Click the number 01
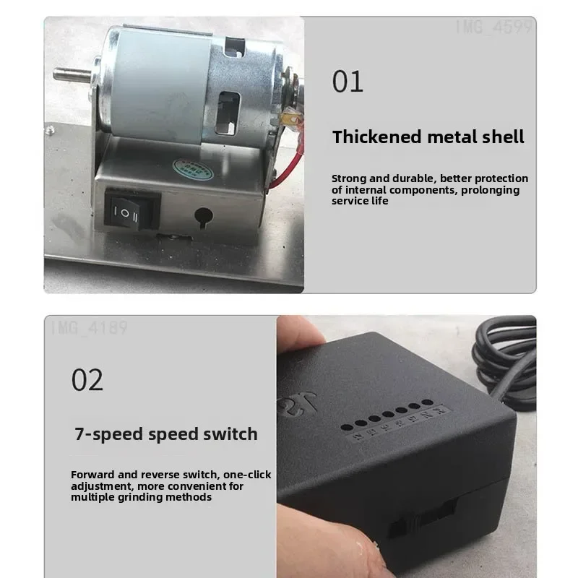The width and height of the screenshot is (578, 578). coord(348,82)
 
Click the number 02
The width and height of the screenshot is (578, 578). coord(87,379)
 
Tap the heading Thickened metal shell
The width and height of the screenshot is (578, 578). coord(428,137)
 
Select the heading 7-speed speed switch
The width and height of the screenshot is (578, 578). coord(166,434)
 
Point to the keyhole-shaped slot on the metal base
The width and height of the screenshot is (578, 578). coord(202,215)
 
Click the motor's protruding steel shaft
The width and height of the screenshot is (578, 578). coord(73,73)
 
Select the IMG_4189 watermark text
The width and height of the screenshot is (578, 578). coord(89,329)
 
